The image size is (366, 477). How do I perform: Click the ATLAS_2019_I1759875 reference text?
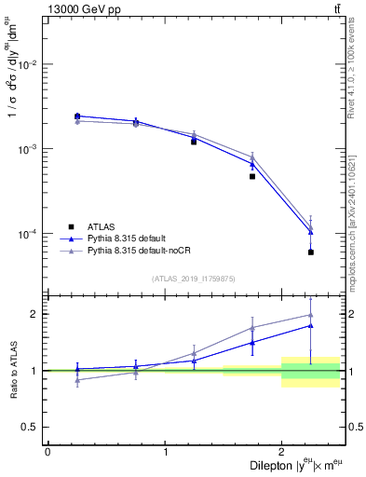point(194,278)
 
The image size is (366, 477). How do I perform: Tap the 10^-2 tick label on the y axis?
point(30,64)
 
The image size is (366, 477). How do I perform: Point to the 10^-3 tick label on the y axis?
point(30,149)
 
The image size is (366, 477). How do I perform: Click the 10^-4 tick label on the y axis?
point(30,234)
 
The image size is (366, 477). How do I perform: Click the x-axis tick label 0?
point(47,451)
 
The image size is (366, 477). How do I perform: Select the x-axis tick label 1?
point(165,451)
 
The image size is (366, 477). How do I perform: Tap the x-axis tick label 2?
point(282,451)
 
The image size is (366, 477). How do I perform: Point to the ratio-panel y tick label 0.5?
point(34,427)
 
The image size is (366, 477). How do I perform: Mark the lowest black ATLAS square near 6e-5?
point(311,252)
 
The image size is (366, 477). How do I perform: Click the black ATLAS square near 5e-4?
point(252,176)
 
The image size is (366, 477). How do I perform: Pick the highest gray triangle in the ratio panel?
point(311,315)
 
